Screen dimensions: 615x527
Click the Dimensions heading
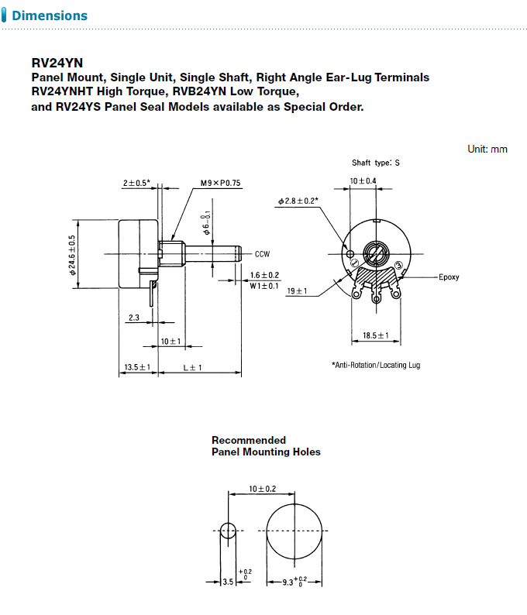coord(50,15)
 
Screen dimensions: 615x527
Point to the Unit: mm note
coord(487,149)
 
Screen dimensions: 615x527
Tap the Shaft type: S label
coord(376,163)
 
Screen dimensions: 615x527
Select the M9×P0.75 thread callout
coord(221,184)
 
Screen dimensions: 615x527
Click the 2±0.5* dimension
coord(136,184)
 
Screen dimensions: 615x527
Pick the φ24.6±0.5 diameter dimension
coord(72,255)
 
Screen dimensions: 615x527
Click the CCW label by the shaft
coord(263,253)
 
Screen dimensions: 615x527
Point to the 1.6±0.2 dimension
coord(265,275)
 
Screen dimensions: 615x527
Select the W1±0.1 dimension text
coord(264,286)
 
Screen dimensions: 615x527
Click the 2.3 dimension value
coord(133,318)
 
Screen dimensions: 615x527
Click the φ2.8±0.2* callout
coord(300,201)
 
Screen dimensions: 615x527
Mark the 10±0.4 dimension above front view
coord(363,180)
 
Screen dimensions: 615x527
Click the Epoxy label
coord(449,277)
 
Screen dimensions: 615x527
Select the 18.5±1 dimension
coord(376,336)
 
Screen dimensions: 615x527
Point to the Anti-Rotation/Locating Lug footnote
coord(375,365)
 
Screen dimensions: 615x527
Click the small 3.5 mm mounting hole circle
coord(229,531)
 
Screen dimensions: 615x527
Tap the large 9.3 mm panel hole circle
coord(294,531)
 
